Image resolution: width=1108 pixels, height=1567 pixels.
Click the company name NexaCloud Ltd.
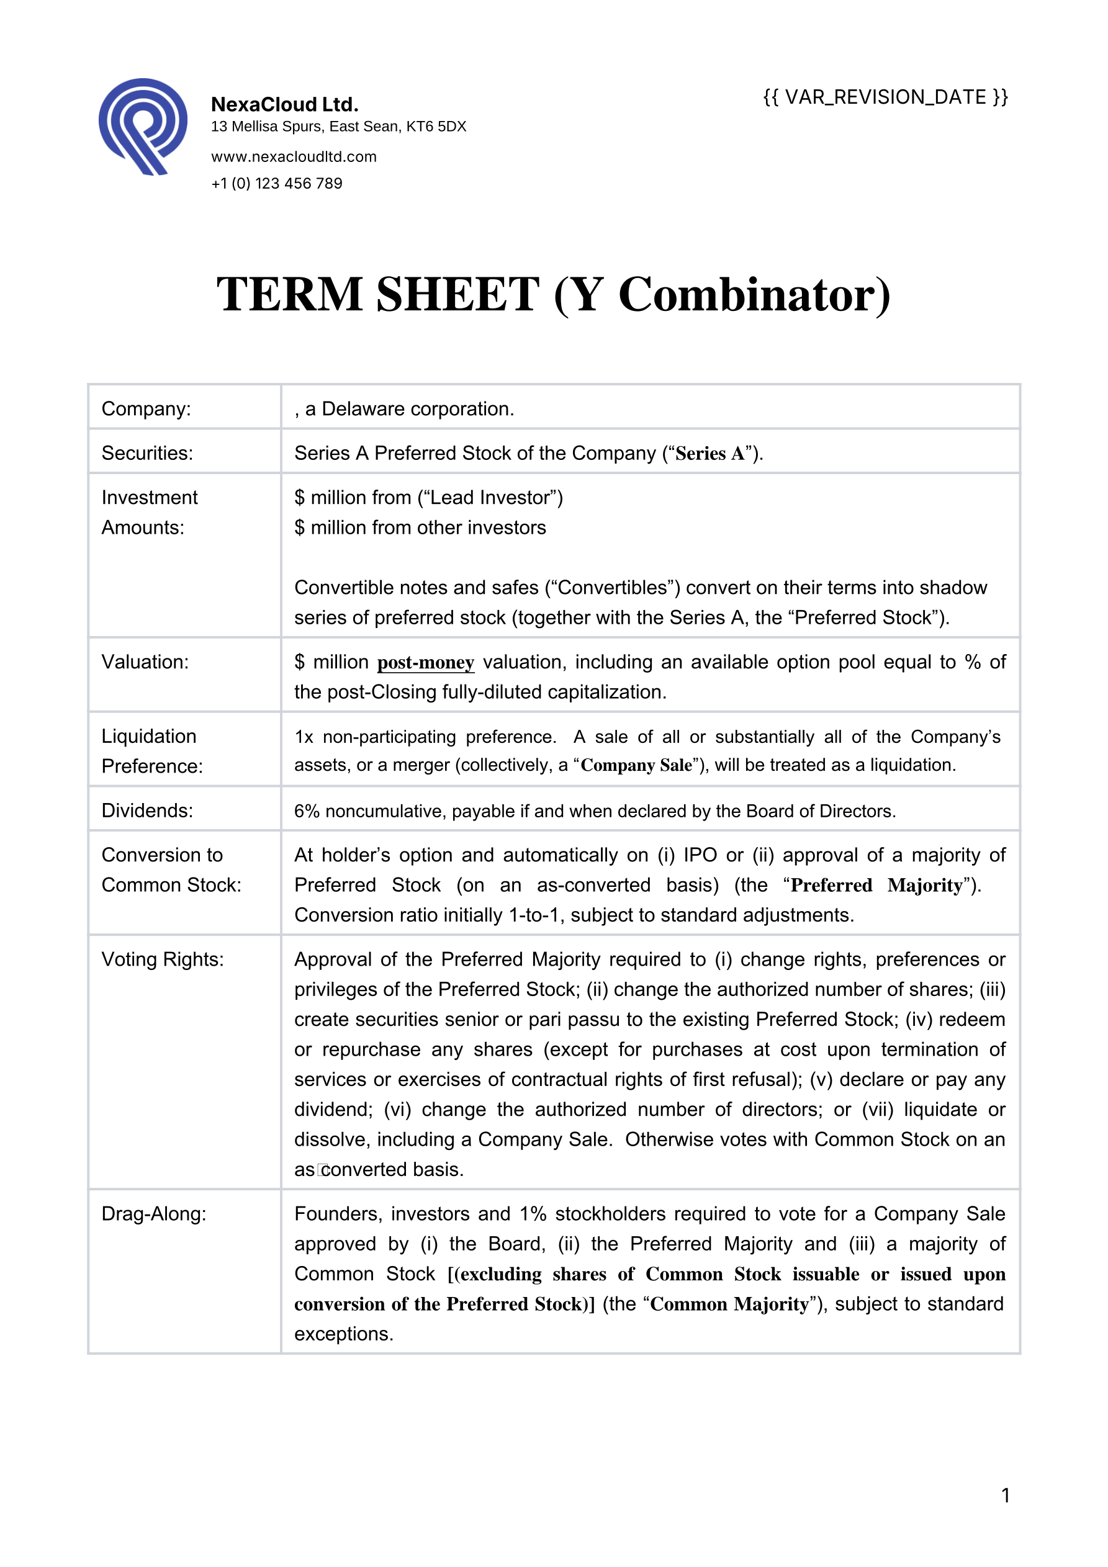point(285,104)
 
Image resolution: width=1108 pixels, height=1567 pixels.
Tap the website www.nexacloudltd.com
point(294,157)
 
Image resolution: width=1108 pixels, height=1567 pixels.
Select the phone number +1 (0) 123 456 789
point(276,184)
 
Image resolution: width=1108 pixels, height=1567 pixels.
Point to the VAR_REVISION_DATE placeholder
point(885,97)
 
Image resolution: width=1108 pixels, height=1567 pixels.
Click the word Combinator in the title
point(754,295)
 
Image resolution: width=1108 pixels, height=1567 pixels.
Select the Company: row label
point(146,409)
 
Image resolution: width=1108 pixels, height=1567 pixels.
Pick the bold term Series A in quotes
point(709,454)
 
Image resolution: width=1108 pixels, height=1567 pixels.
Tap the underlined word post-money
point(425,663)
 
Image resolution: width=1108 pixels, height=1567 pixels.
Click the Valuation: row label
point(145,662)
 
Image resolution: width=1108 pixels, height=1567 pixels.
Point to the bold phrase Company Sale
point(636,766)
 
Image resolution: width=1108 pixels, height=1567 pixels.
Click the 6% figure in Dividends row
point(307,812)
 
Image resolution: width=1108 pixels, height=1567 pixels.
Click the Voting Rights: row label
point(163,959)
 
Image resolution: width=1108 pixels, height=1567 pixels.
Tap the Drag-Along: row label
point(153,1214)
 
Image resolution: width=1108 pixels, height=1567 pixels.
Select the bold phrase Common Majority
point(729,1304)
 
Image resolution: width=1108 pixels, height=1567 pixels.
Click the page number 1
point(1005,1496)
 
